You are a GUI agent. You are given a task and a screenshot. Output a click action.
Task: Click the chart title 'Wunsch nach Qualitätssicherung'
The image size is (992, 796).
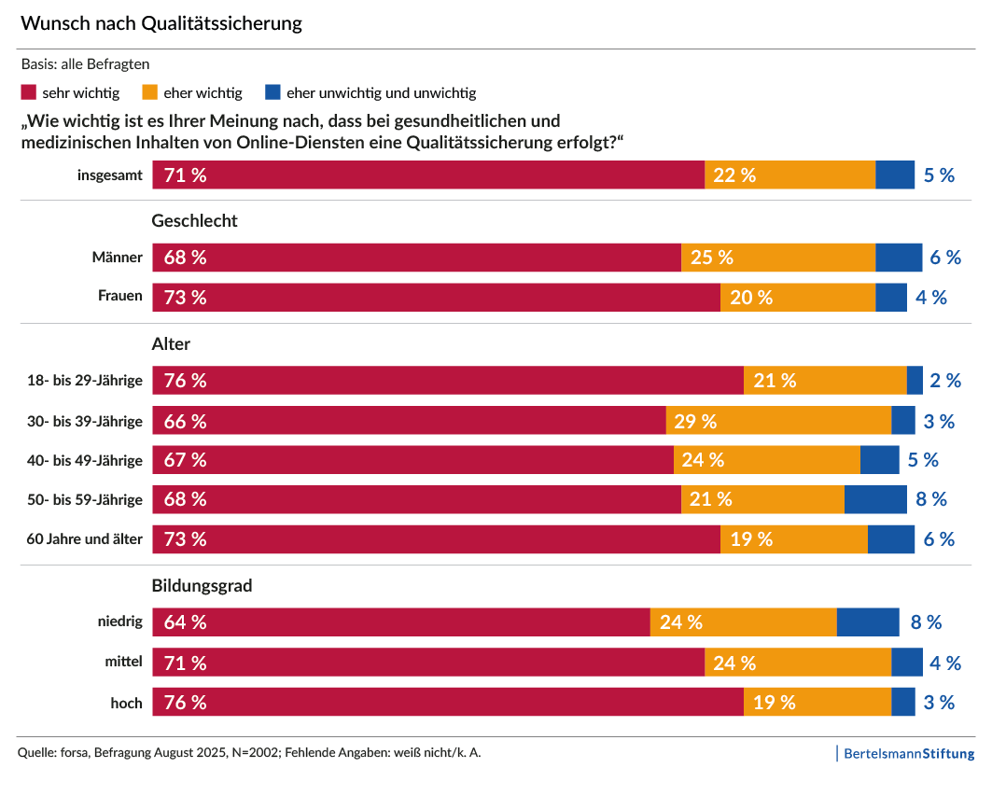pyautogui.click(x=161, y=23)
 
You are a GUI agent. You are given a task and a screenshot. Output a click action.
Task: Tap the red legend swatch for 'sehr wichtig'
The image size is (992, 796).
pyautogui.click(x=28, y=92)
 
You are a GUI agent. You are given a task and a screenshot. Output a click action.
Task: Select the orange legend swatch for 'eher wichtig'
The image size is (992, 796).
pyautogui.click(x=149, y=92)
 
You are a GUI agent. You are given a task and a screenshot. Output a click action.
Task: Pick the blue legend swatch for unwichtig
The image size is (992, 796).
pyautogui.click(x=272, y=92)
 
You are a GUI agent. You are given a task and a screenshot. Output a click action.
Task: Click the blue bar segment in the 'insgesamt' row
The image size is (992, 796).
pyautogui.click(x=894, y=175)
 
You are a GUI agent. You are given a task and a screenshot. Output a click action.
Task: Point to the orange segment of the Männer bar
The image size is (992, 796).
pyautogui.click(x=777, y=258)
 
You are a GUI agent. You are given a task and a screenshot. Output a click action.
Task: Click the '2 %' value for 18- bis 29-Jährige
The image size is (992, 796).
pyautogui.click(x=945, y=381)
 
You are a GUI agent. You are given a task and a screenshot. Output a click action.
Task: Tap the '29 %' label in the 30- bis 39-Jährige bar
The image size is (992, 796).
pyautogui.click(x=695, y=421)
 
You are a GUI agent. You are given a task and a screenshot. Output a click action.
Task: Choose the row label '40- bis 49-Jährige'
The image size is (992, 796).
pyautogui.click(x=85, y=460)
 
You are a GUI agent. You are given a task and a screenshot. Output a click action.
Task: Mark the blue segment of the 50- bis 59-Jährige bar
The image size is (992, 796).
pyautogui.click(x=875, y=499)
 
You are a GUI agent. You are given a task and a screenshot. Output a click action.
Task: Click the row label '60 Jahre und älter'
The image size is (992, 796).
pyautogui.click(x=85, y=539)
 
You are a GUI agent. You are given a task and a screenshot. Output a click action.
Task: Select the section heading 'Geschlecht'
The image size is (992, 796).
pyautogui.click(x=194, y=221)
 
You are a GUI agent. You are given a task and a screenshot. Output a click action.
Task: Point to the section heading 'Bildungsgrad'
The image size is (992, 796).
pyautogui.click(x=202, y=587)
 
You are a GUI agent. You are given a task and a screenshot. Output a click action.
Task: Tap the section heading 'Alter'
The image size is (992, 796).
pyautogui.click(x=171, y=344)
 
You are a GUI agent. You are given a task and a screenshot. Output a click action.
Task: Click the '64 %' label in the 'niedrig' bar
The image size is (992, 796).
pyautogui.click(x=185, y=622)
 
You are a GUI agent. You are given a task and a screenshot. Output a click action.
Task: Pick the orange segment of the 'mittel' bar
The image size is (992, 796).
pyautogui.click(x=797, y=663)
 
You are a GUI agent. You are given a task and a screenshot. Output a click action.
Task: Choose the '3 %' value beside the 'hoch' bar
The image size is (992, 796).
pyautogui.click(x=939, y=703)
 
